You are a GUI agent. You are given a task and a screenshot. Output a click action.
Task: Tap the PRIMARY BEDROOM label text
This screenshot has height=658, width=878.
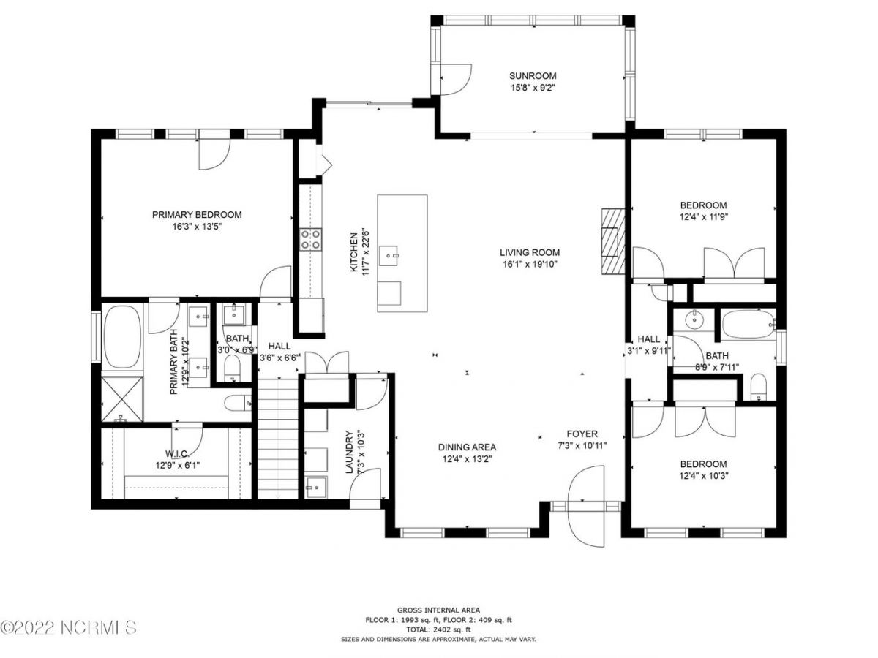coord(197,214)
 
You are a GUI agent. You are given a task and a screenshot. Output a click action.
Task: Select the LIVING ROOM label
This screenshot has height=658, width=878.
coord(530,252)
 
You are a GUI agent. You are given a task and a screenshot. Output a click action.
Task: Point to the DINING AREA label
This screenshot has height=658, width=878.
coord(467,447)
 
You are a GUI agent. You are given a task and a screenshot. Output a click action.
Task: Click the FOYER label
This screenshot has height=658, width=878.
coord(582,434)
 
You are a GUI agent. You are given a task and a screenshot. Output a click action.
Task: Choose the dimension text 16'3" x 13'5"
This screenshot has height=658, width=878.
coord(197,227)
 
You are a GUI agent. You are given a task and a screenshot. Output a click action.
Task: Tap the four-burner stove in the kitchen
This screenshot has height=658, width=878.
coord(310,239)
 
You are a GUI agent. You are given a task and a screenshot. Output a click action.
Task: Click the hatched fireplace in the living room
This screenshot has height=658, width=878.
coord(612,241)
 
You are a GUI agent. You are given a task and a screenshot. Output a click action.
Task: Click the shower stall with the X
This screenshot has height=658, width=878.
coord(122,398)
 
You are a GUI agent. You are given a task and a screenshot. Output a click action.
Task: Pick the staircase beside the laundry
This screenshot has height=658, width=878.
coord(277,438)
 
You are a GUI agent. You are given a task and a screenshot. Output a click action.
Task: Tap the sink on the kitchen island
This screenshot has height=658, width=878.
coord(388,256)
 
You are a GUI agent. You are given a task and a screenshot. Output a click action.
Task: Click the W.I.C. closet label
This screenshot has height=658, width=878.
coord(177,453)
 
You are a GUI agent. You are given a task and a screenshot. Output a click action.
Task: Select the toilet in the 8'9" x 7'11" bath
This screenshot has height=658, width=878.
coord(757,387)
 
